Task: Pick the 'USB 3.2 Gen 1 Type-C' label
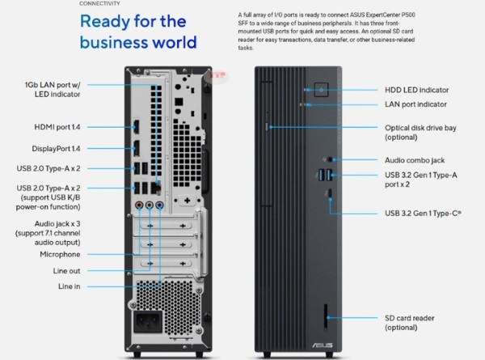point(426,214)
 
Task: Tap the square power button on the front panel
point(321,89)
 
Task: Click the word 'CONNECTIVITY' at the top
point(100,4)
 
